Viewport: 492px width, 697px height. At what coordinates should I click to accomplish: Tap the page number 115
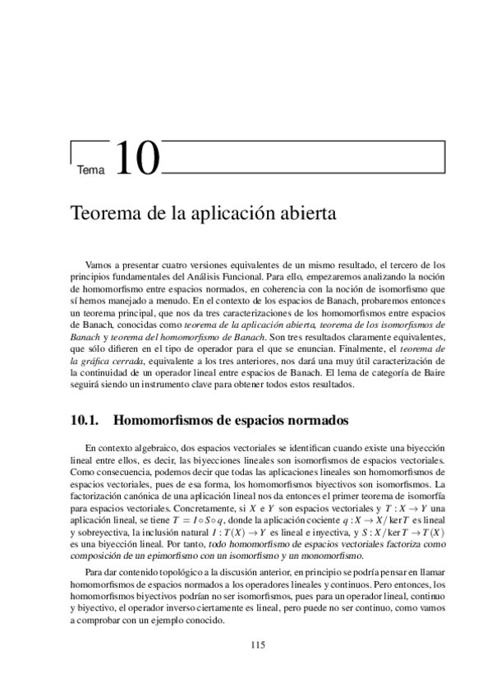pos(257,645)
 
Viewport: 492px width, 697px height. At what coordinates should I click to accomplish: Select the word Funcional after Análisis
pos(234,277)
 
